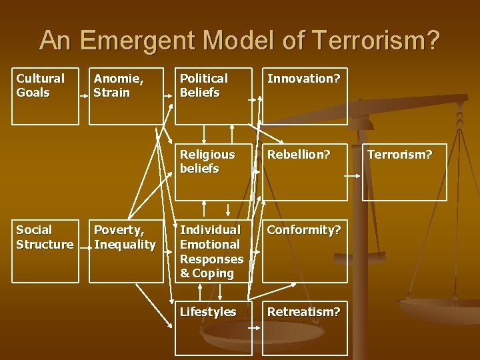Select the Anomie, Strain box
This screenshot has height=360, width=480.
tap(125, 96)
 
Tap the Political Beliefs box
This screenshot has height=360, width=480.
tap(213, 96)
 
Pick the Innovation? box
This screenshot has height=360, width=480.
tap(305, 96)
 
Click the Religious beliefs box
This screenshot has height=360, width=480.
tap(213, 171)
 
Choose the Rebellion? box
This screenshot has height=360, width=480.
tap(305, 171)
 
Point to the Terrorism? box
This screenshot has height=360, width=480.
tap(404, 171)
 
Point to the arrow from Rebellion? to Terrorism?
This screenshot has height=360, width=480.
tap(353, 175)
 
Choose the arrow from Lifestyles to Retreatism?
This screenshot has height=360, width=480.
tap(254, 328)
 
